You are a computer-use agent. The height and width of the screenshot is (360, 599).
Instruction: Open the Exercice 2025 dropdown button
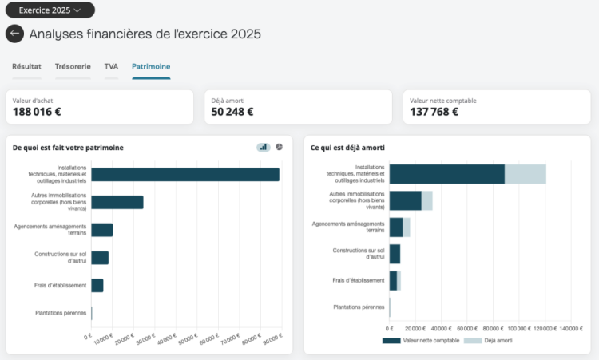coord(50,10)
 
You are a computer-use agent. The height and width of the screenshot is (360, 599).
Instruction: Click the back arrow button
coord(14,34)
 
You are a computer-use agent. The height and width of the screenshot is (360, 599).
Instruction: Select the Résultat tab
coord(26,66)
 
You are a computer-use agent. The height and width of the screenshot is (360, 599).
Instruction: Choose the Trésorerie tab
coord(73,66)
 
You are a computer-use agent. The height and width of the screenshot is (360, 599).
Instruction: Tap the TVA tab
coord(111,66)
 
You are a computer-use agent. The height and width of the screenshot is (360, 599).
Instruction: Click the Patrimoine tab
coord(151,66)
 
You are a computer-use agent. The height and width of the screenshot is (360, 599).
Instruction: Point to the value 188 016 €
coord(37,112)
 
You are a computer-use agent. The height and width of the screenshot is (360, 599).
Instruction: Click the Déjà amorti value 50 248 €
coord(232,112)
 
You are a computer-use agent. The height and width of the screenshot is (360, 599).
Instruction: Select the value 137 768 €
coord(434,112)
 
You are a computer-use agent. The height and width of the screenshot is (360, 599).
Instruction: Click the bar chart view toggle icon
coord(264,147)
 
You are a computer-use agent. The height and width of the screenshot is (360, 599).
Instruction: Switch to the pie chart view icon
coord(280,147)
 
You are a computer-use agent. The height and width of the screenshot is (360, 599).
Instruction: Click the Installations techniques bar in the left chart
coord(185,175)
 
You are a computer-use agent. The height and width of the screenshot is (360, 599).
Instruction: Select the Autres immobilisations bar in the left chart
coord(117,202)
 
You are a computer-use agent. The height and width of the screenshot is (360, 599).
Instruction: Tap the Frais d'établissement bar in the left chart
coord(97,286)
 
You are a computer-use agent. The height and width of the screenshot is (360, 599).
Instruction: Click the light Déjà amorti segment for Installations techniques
coord(526,174)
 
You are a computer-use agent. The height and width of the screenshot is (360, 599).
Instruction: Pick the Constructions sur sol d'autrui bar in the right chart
coord(395,254)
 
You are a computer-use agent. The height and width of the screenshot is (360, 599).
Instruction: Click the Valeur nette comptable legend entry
coord(421,341)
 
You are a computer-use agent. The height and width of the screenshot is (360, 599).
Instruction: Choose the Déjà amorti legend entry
coord(488,341)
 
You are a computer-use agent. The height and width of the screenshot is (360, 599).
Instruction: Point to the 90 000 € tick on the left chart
coord(273,338)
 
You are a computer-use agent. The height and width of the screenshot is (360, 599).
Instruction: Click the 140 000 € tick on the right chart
coord(571,329)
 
